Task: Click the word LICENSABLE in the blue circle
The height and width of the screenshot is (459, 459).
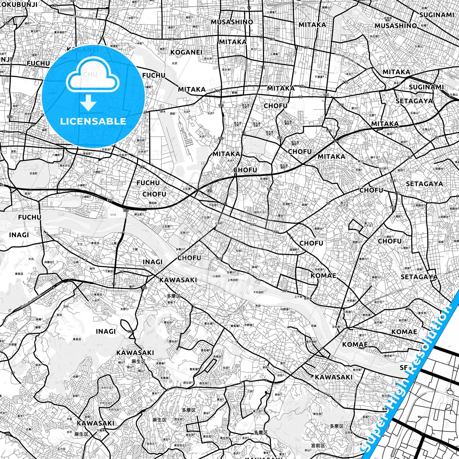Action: (93, 121)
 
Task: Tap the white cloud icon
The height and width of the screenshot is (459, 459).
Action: (92, 76)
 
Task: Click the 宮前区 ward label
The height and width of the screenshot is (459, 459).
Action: (318, 446)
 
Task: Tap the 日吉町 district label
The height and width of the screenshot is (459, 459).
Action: (33, 173)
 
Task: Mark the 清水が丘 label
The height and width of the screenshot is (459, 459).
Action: (65, 165)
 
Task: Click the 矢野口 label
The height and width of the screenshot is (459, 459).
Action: (125, 309)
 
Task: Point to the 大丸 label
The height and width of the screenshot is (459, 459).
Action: (31, 259)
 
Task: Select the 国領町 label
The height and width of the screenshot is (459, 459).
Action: (294, 250)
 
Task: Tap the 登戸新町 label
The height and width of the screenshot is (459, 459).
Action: (311, 342)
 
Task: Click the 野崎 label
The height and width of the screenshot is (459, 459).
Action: (234, 92)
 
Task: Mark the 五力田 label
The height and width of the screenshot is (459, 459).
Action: (61, 449)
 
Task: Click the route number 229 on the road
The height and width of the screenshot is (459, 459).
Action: (142, 167)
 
